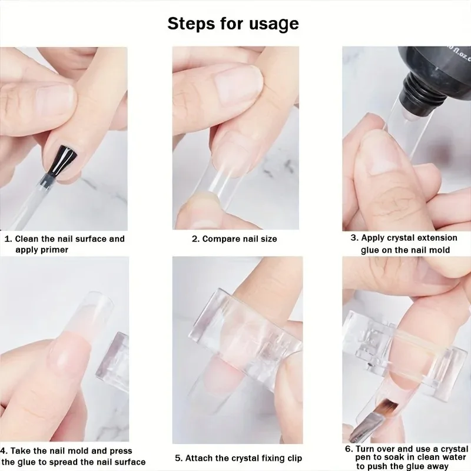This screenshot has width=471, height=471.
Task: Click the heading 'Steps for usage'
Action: pos(233,24)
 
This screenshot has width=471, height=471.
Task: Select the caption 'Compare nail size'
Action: pos(240,239)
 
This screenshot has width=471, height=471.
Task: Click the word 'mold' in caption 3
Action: pos(439,250)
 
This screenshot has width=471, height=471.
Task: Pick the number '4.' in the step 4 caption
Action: pos(4,451)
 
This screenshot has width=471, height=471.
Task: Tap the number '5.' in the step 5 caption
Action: pos(179,458)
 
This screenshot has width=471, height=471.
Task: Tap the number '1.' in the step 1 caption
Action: pos(8,239)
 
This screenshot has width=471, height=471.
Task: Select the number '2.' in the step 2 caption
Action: pos(196,239)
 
